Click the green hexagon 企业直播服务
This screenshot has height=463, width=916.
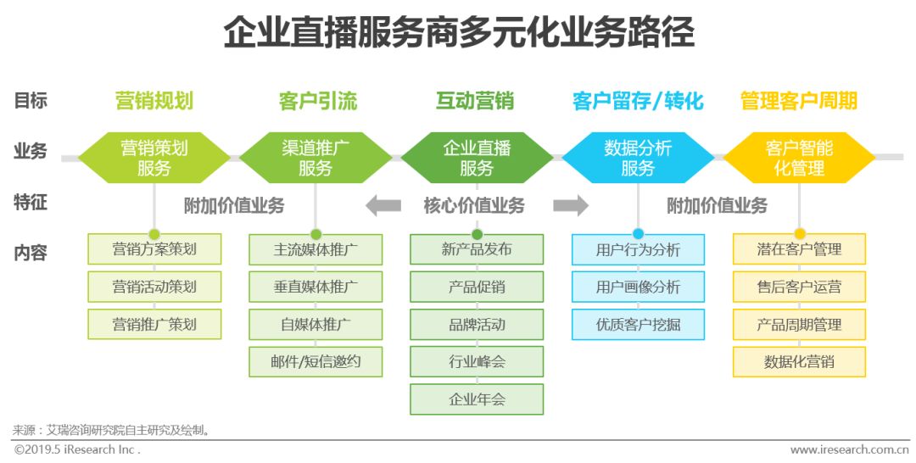(x=477, y=158)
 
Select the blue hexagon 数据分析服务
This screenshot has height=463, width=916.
(x=638, y=158)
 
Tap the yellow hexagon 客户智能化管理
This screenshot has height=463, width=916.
(x=799, y=158)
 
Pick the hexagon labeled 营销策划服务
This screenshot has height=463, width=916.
(x=154, y=158)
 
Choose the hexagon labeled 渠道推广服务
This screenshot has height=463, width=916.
(x=316, y=158)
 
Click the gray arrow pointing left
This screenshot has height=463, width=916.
(x=383, y=205)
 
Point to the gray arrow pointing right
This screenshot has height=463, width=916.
(x=570, y=205)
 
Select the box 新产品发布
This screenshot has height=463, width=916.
(x=477, y=249)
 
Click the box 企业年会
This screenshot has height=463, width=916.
(x=477, y=399)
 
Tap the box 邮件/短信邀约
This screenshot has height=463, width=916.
(x=316, y=361)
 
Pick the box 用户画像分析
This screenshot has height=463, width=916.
(x=638, y=287)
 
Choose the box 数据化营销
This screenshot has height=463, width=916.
(x=799, y=361)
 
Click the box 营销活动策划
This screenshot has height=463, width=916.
(x=154, y=287)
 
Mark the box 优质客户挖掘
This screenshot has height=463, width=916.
(x=638, y=324)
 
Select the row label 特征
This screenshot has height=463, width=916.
(x=31, y=203)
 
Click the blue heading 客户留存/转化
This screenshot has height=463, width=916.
(x=638, y=102)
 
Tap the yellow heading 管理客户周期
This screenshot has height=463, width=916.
(x=799, y=102)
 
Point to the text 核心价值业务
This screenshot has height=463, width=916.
(x=474, y=205)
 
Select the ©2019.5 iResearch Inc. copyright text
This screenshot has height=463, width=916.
(x=76, y=449)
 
